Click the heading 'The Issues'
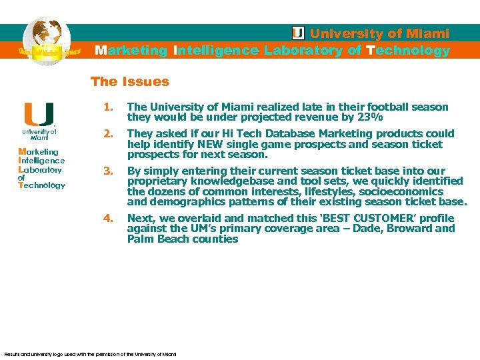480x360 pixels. [129, 82]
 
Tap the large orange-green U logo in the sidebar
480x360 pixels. [39, 114]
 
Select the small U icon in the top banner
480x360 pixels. [299, 33]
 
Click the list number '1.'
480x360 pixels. [108, 107]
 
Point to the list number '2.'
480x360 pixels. [108, 133]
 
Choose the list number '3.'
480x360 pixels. [108, 171]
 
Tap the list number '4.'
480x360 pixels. [108, 218]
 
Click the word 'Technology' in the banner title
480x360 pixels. [407, 51]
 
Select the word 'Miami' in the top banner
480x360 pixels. [428, 33]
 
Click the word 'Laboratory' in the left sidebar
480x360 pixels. [40, 169]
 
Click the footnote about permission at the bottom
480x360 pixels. [90, 354]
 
